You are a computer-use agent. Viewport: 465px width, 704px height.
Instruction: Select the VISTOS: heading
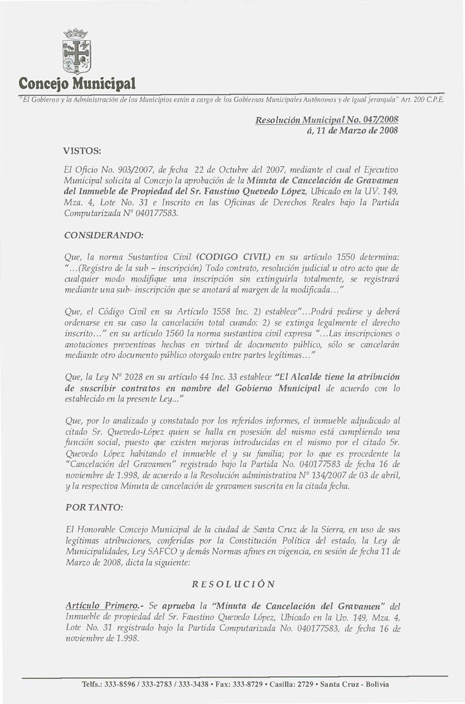tap(82, 150)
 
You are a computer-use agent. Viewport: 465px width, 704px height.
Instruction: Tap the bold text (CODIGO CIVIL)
tap(234, 256)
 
